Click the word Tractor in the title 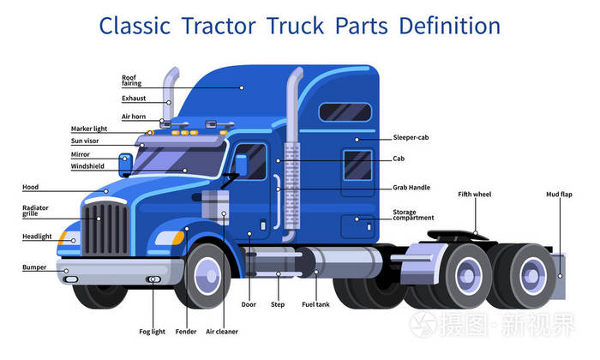pos(219,26)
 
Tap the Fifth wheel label pos(475,195)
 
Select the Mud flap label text pos(559,195)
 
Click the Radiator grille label pos(35,210)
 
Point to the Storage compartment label pos(413,214)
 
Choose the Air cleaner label pos(222,332)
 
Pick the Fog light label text pos(152,332)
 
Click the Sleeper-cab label pos(411,137)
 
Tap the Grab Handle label pos(411,188)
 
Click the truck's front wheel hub pos(207,276)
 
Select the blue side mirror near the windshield pos(125,165)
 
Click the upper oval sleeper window pos(345,112)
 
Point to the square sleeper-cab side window pos(357,165)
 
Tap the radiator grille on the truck pos(105,228)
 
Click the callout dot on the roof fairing pos(242,87)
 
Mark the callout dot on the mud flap pos(560,276)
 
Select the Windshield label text pos(87,166)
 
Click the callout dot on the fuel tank pos(316,272)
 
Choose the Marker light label pos(89,129)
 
